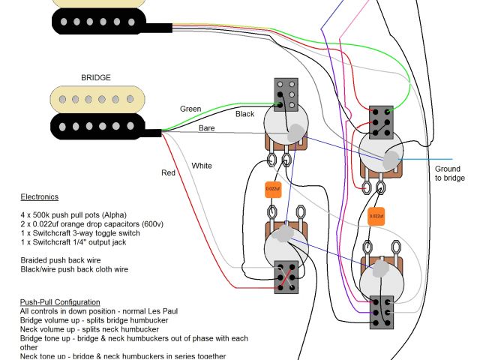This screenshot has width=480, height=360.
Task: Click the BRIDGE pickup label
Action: [95, 77]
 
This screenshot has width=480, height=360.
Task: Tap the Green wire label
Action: [190, 109]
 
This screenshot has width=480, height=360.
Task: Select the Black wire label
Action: [245, 114]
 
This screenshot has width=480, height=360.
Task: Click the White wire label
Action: [202, 165]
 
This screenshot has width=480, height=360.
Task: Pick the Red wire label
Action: [168, 173]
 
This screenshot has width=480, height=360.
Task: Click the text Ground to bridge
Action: [450, 173]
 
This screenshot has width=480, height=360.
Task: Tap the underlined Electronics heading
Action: [39, 197]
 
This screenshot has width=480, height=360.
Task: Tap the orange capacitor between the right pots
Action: [376, 215]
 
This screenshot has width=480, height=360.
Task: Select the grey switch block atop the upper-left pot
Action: [285, 94]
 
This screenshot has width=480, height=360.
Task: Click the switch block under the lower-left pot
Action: [286, 276]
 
